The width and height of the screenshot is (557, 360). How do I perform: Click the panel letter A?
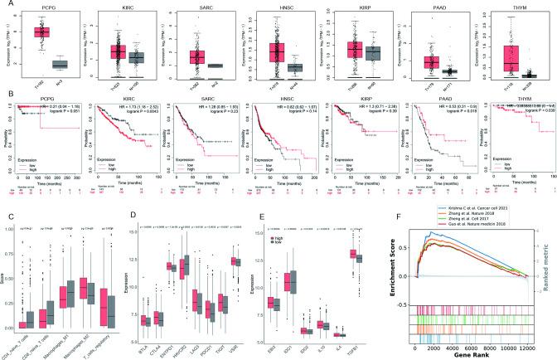point(6,5)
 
